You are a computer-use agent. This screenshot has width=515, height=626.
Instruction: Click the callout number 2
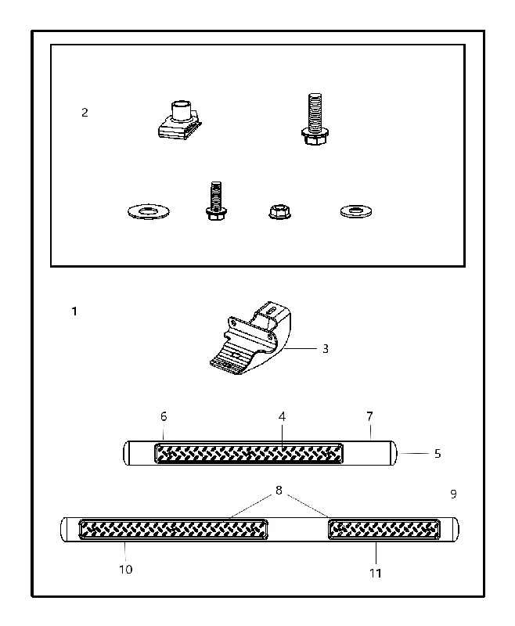pyautogui.click(x=85, y=113)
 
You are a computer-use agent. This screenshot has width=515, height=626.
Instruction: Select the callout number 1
pyautogui.click(x=74, y=311)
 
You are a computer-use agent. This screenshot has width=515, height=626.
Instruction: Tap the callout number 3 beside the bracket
pyautogui.click(x=326, y=349)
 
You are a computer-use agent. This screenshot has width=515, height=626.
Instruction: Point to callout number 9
pyautogui.click(x=453, y=495)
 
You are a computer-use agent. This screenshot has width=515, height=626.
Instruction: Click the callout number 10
pyautogui.click(x=126, y=570)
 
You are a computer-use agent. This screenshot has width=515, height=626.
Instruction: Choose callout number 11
pyautogui.click(x=375, y=574)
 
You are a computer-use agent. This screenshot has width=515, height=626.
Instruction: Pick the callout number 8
pyautogui.click(x=279, y=491)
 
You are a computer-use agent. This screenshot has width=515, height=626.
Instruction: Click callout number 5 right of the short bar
pyautogui.click(x=438, y=454)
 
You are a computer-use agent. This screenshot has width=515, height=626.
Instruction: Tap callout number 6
pyautogui.click(x=164, y=417)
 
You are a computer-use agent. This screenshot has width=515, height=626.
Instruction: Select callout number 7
pyautogui.click(x=369, y=417)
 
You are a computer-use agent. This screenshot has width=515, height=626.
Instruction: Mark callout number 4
pyautogui.click(x=282, y=417)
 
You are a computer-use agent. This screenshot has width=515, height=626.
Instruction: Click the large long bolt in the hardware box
pyautogui.click(x=315, y=119)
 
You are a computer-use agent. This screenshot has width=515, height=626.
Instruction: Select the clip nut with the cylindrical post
pyautogui.click(x=179, y=121)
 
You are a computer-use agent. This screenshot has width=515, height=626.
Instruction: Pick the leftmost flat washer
pyautogui.click(x=149, y=211)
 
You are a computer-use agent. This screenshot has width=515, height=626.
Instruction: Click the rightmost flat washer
pyautogui.click(x=356, y=210)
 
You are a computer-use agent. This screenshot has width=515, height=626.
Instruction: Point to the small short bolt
pyautogui.click(x=216, y=201)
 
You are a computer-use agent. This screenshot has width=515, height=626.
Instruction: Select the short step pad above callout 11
pyautogui.click(x=384, y=530)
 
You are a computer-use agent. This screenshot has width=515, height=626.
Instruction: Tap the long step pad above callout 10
pyautogui.click(x=173, y=530)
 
